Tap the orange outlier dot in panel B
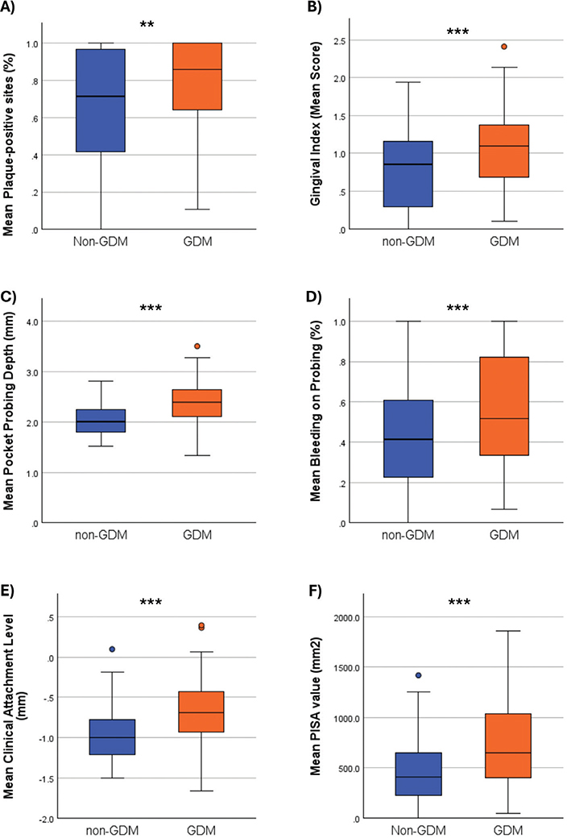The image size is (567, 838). pos(481,47)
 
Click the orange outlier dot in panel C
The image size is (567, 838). pos(197,346)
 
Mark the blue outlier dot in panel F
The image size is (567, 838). pos(417,676)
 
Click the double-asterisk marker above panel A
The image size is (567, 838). pos(147,26)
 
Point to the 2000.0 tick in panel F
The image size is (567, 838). pos(351,618)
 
